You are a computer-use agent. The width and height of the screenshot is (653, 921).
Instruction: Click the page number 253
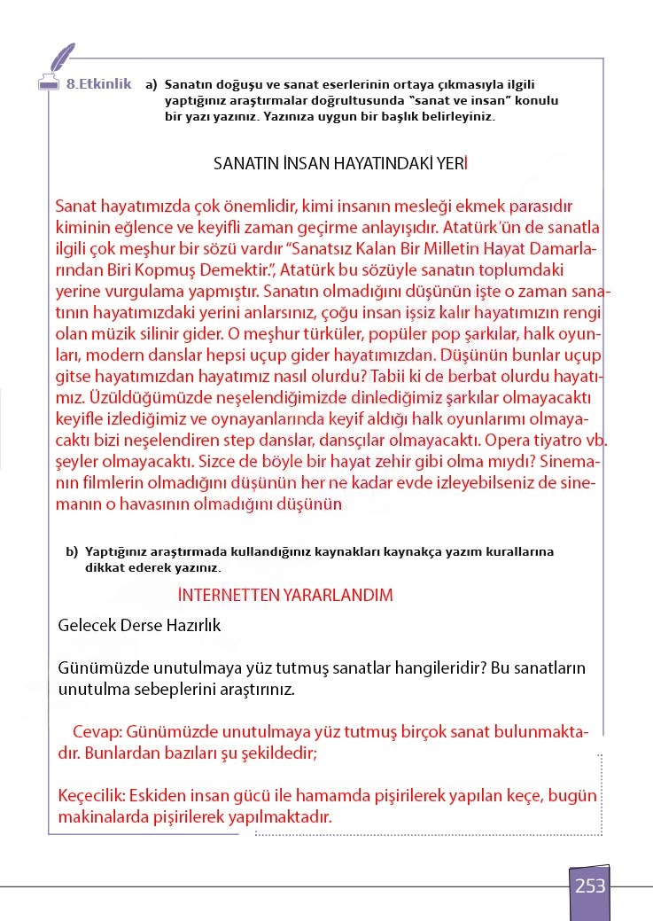[x=590, y=886]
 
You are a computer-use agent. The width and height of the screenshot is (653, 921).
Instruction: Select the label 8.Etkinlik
[x=98, y=84]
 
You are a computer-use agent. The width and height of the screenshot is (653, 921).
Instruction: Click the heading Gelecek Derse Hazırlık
[x=139, y=625]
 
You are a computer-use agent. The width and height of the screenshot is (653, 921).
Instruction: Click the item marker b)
[x=72, y=551]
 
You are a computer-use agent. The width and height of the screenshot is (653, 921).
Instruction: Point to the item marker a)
[x=151, y=85]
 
